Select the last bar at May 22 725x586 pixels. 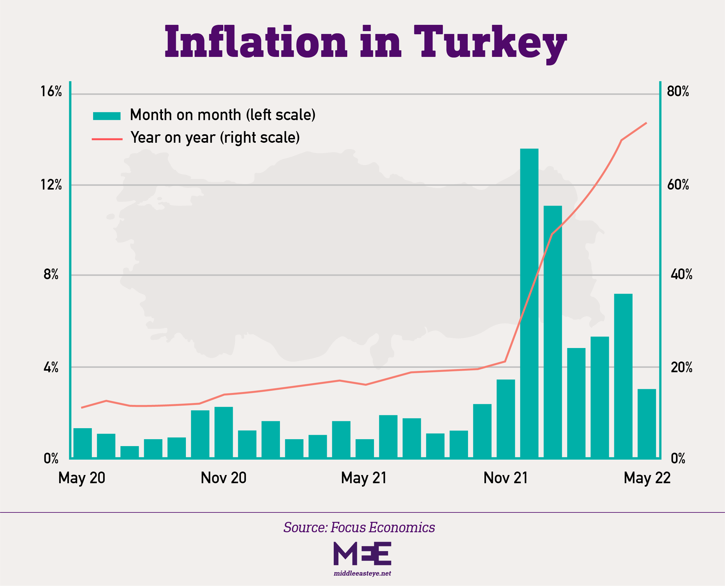pos(647,424)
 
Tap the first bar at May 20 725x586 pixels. pos(82,443)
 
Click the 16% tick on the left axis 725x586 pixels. pos(51,91)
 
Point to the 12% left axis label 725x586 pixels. pos(51,185)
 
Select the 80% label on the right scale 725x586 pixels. pos(678,91)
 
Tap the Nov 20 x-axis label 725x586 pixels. pos(223,478)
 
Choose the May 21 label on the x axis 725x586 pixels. pos(364,478)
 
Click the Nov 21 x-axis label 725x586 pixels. pos(505,478)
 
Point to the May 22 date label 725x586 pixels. pos(647,478)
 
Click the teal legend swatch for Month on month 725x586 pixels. pos(107,116)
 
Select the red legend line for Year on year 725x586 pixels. pos(107,139)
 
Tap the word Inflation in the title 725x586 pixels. pos(256,42)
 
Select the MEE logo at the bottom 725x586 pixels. pos(362,553)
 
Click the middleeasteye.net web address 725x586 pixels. pos(362,573)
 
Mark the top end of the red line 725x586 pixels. pos(646,123)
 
